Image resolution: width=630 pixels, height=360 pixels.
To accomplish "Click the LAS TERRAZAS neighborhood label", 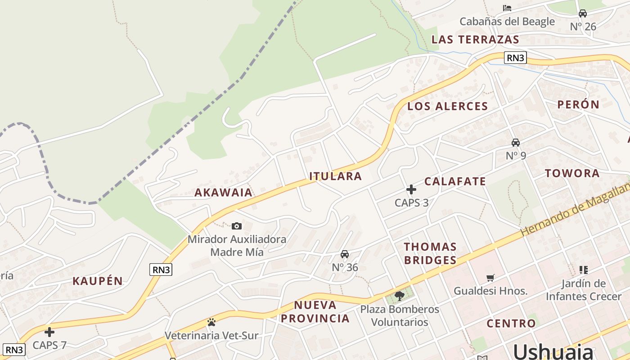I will [475, 40].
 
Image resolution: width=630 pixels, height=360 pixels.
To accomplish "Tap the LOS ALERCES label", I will [447, 107].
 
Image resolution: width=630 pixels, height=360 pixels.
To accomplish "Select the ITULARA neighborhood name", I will [336, 176].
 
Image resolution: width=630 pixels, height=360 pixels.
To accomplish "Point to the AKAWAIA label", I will [223, 193].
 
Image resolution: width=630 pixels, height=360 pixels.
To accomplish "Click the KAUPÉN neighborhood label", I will [98, 281].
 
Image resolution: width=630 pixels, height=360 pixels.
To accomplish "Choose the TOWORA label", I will [572, 173].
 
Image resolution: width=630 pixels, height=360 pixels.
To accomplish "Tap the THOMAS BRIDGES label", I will [430, 253].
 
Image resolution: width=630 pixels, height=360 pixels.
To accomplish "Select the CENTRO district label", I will [511, 324].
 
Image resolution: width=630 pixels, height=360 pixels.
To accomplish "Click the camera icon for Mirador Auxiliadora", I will [237, 226].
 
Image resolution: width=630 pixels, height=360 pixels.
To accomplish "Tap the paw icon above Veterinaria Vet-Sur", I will [211, 322].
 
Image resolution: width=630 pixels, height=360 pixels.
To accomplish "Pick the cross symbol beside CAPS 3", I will [411, 189].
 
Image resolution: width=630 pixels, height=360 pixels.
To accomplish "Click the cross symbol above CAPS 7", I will [49, 332].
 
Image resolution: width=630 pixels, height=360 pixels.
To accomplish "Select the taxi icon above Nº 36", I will [345, 254].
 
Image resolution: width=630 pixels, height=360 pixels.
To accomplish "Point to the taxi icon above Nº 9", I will [516, 143].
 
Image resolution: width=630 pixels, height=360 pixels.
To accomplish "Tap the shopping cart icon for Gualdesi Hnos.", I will [490, 278].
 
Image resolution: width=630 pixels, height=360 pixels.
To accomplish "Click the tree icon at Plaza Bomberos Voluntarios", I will [399, 296].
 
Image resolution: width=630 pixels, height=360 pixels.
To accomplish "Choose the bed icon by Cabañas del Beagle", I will [507, 8].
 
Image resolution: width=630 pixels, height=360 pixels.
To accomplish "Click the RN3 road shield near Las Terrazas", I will [515, 58].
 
